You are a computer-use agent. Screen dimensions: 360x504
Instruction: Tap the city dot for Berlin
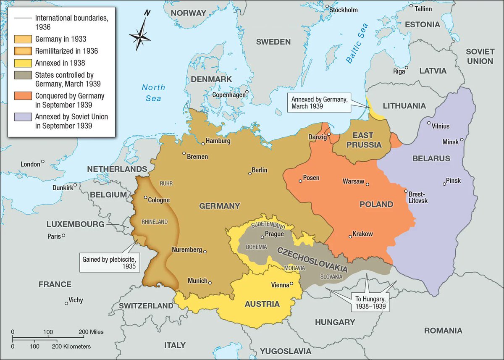tap(250, 173)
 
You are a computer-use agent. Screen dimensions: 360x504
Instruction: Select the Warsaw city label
tap(353, 181)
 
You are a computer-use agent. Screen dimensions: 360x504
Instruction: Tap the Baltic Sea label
tap(357, 43)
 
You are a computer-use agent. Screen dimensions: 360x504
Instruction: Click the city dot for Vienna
tap(291, 284)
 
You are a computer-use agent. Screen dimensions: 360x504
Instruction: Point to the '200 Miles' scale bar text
tap(91, 331)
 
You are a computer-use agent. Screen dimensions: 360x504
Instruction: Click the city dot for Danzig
tap(329, 135)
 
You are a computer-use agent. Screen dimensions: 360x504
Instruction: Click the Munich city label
tap(197, 281)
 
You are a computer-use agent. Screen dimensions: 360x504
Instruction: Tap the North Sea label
tap(153, 92)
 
